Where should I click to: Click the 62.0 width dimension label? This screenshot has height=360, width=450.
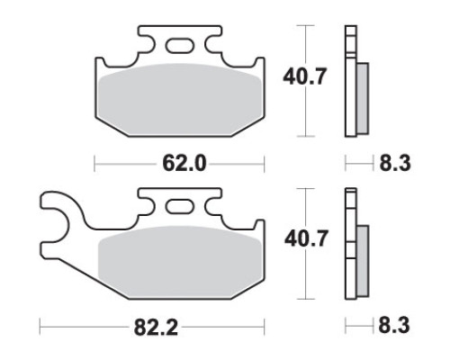[184, 164]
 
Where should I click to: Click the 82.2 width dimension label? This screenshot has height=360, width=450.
[156, 328]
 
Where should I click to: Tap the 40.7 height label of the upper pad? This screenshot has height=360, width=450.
[304, 76]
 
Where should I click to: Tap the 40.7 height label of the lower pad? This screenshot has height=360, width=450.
[306, 238]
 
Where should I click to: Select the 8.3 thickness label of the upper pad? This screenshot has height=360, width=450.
[395, 164]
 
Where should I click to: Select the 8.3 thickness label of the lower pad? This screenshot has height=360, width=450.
[394, 326]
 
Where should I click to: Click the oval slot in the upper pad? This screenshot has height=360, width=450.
[179, 46]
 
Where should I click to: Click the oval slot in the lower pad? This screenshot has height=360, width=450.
[179, 207]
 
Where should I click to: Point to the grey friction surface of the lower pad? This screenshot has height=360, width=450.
[180, 263]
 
